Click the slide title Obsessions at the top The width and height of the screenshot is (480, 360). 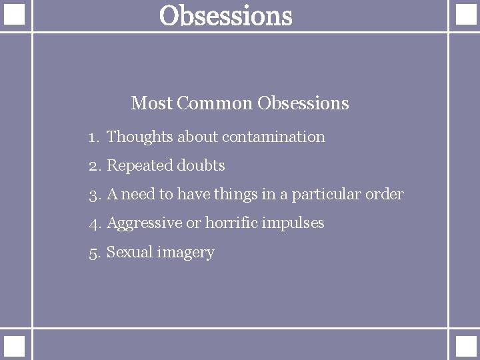[x=226, y=16]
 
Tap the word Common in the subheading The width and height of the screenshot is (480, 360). [x=215, y=103]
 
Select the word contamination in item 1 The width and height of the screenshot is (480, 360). [x=273, y=137]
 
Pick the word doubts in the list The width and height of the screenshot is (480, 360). [x=201, y=165]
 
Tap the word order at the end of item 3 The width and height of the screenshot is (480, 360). [x=387, y=195]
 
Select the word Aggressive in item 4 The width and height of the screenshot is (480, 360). [x=143, y=223]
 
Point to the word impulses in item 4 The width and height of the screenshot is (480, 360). [x=295, y=223]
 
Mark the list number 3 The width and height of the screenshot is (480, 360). [x=93, y=195]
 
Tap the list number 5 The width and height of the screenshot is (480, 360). [x=93, y=253]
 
